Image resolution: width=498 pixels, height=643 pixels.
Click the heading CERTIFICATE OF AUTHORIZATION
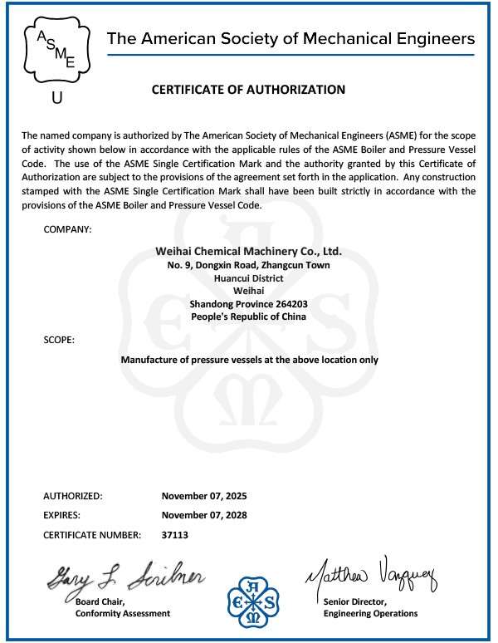coord(248,90)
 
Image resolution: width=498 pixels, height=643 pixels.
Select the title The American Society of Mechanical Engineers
coord(291,38)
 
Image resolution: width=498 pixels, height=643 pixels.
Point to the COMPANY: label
coord(67,228)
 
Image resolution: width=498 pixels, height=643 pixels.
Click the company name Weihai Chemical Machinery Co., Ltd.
coord(248,251)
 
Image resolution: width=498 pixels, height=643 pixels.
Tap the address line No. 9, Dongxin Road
coord(248,265)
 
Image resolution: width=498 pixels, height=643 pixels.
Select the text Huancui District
coord(248,278)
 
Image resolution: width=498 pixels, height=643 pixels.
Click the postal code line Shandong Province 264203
coord(248,304)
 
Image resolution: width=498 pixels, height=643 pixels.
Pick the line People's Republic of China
coord(248,317)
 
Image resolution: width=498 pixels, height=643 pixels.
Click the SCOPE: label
coord(59,341)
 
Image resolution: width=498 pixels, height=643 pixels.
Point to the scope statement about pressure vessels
coord(249,360)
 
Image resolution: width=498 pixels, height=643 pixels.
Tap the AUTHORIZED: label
coord(73,496)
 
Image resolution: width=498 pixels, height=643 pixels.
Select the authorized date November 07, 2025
coord(204,496)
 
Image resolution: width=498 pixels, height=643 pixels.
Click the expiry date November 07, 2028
coord(204,515)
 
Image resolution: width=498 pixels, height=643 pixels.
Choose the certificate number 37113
coord(176,535)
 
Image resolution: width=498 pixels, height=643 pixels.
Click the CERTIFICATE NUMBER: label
coord(91,535)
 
